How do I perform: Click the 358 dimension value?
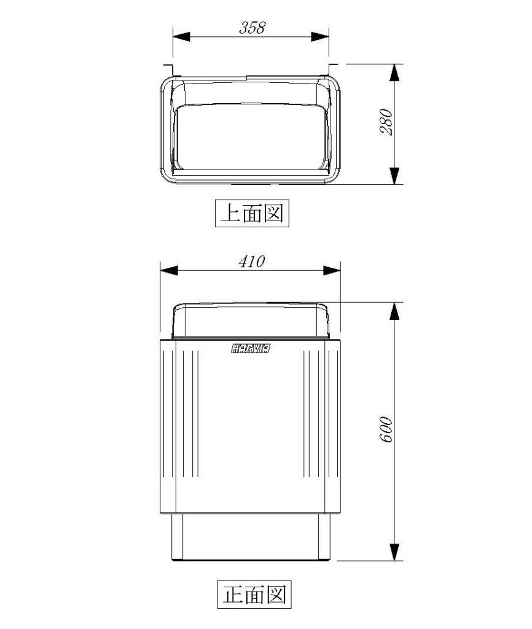(x=252, y=28)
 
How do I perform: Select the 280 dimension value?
(x=385, y=123)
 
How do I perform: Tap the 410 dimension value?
(x=251, y=262)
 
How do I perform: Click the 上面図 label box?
(x=252, y=213)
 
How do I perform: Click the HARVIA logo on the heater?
(x=252, y=350)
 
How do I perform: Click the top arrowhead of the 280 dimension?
(x=395, y=73)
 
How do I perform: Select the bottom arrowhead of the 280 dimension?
(x=395, y=174)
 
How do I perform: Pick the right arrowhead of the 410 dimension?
(x=332, y=271)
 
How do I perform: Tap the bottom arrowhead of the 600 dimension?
(x=395, y=551)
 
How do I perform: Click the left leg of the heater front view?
(x=176, y=537)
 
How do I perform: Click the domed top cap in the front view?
(x=254, y=321)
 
